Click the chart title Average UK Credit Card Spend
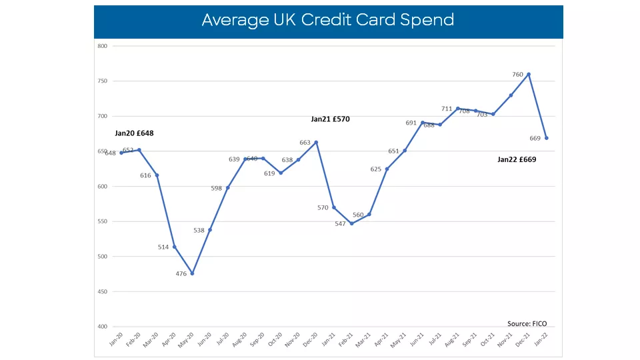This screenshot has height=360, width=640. click(x=328, y=20)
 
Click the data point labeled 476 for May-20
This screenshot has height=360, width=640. click(x=192, y=273)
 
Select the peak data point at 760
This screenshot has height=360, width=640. click(x=529, y=74)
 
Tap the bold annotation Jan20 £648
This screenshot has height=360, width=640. click(x=134, y=133)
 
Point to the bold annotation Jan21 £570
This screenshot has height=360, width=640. click(x=330, y=119)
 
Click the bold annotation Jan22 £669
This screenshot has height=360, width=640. click(x=517, y=160)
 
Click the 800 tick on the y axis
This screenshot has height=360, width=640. click(x=102, y=46)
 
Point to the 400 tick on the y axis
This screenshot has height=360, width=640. click(x=102, y=327)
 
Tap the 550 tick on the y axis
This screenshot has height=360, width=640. click(x=102, y=221)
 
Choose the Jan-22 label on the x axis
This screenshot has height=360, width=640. click(x=544, y=339)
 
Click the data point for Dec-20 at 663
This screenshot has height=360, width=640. click(x=316, y=142)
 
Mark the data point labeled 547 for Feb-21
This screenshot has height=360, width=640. click(x=351, y=223)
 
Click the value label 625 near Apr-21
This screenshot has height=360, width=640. click(x=375, y=169)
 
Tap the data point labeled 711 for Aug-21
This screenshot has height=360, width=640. click(x=458, y=109)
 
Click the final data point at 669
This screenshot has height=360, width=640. click(x=547, y=138)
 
